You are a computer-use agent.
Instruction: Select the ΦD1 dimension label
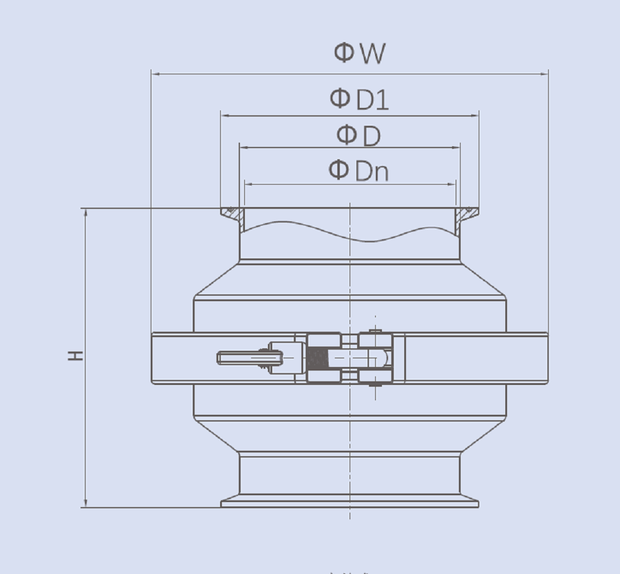point(359,99)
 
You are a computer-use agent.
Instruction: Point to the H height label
point(76,356)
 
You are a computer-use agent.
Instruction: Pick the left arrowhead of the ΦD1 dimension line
point(225,115)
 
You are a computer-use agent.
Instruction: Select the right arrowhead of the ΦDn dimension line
point(452,184)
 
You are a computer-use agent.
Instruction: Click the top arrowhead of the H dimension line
point(86,213)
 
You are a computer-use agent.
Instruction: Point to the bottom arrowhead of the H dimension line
point(86,503)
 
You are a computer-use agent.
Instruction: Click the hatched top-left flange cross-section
point(234,214)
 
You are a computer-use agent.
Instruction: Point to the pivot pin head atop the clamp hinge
point(374,331)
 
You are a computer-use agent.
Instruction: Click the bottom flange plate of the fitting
point(349,503)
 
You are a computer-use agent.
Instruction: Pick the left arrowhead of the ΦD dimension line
point(244,148)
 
